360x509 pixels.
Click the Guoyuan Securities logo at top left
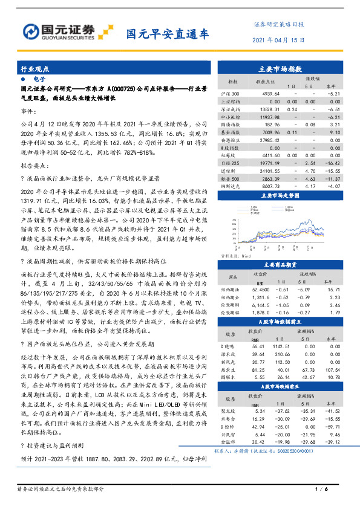click(x=67, y=30)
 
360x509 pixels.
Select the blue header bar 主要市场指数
click(x=284, y=70)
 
